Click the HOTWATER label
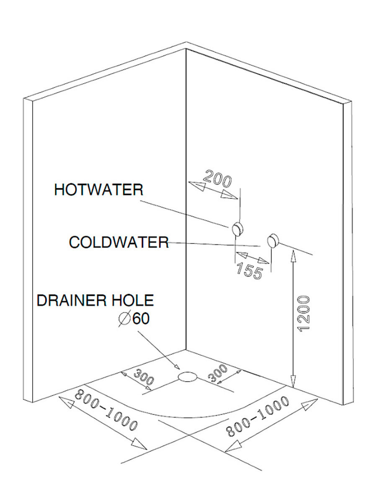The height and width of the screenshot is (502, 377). [98, 190]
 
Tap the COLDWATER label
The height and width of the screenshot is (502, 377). [119, 242]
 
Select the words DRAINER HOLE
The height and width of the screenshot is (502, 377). [96, 300]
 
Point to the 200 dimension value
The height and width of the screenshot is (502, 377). [217, 180]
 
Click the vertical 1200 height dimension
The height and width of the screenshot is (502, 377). [305, 313]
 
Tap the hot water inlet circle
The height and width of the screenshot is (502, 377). [237, 228]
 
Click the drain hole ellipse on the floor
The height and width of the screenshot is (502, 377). [187, 376]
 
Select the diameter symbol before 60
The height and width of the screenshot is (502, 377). [124, 320]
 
